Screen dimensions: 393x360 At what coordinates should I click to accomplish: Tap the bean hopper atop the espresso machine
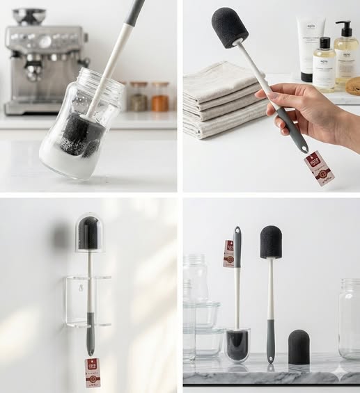coord(29,15)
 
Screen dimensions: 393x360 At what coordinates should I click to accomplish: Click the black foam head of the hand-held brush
coord(229,27)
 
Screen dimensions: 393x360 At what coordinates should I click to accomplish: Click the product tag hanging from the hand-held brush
coord(319,168)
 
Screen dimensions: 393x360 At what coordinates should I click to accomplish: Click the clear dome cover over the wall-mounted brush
coord(89,232)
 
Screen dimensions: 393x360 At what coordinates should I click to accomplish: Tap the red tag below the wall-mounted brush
coord(93,372)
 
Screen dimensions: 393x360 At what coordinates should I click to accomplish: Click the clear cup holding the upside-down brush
coord(237,345)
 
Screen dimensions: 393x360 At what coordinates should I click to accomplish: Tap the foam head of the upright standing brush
coord(271,241)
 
